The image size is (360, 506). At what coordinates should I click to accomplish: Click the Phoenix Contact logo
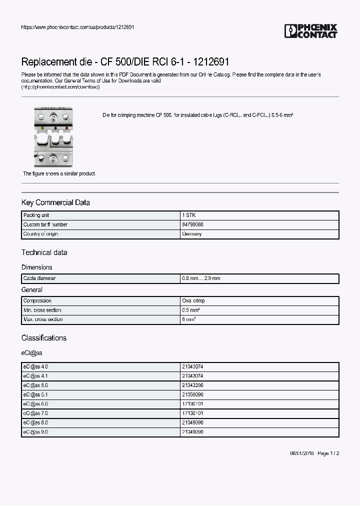(310, 31)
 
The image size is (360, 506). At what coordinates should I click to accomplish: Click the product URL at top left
(77, 27)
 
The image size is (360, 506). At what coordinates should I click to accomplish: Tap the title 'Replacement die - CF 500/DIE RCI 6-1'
(125, 62)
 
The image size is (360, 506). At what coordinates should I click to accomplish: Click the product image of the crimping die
(52, 135)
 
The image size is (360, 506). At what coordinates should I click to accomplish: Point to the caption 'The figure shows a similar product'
(59, 173)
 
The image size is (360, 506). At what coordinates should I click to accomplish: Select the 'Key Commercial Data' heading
(55, 202)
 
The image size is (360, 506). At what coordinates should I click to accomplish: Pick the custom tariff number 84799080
(193, 224)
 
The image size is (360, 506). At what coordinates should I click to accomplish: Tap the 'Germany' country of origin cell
(192, 234)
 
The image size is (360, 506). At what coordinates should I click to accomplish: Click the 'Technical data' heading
(44, 252)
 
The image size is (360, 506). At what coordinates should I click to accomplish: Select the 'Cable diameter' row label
(39, 278)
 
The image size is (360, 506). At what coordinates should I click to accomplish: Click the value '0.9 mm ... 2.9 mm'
(201, 278)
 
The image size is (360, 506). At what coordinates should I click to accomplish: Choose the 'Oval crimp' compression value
(194, 300)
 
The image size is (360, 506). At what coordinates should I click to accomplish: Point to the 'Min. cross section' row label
(43, 310)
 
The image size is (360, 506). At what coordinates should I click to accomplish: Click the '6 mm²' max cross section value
(189, 319)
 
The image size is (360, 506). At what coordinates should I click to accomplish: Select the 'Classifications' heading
(43, 338)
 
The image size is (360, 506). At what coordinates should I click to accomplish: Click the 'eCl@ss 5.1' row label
(35, 394)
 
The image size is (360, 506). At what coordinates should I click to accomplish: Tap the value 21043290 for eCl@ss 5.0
(193, 385)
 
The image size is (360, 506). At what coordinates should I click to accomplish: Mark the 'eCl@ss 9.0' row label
(35, 432)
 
